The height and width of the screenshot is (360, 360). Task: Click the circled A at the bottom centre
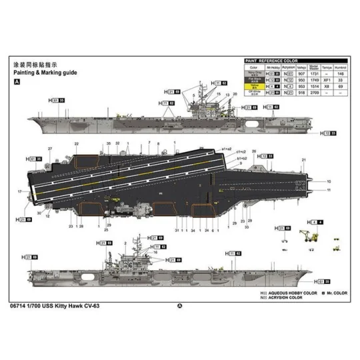[x=179, y=307]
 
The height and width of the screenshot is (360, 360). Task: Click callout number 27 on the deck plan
[x=50, y=148]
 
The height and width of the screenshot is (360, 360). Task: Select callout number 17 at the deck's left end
[x=21, y=192]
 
